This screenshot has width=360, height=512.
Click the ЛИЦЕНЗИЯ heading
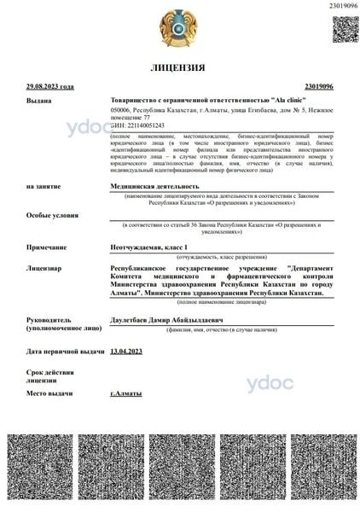[179, 67]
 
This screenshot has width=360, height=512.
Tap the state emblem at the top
[180, 27]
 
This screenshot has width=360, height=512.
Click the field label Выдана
[39, 101]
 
